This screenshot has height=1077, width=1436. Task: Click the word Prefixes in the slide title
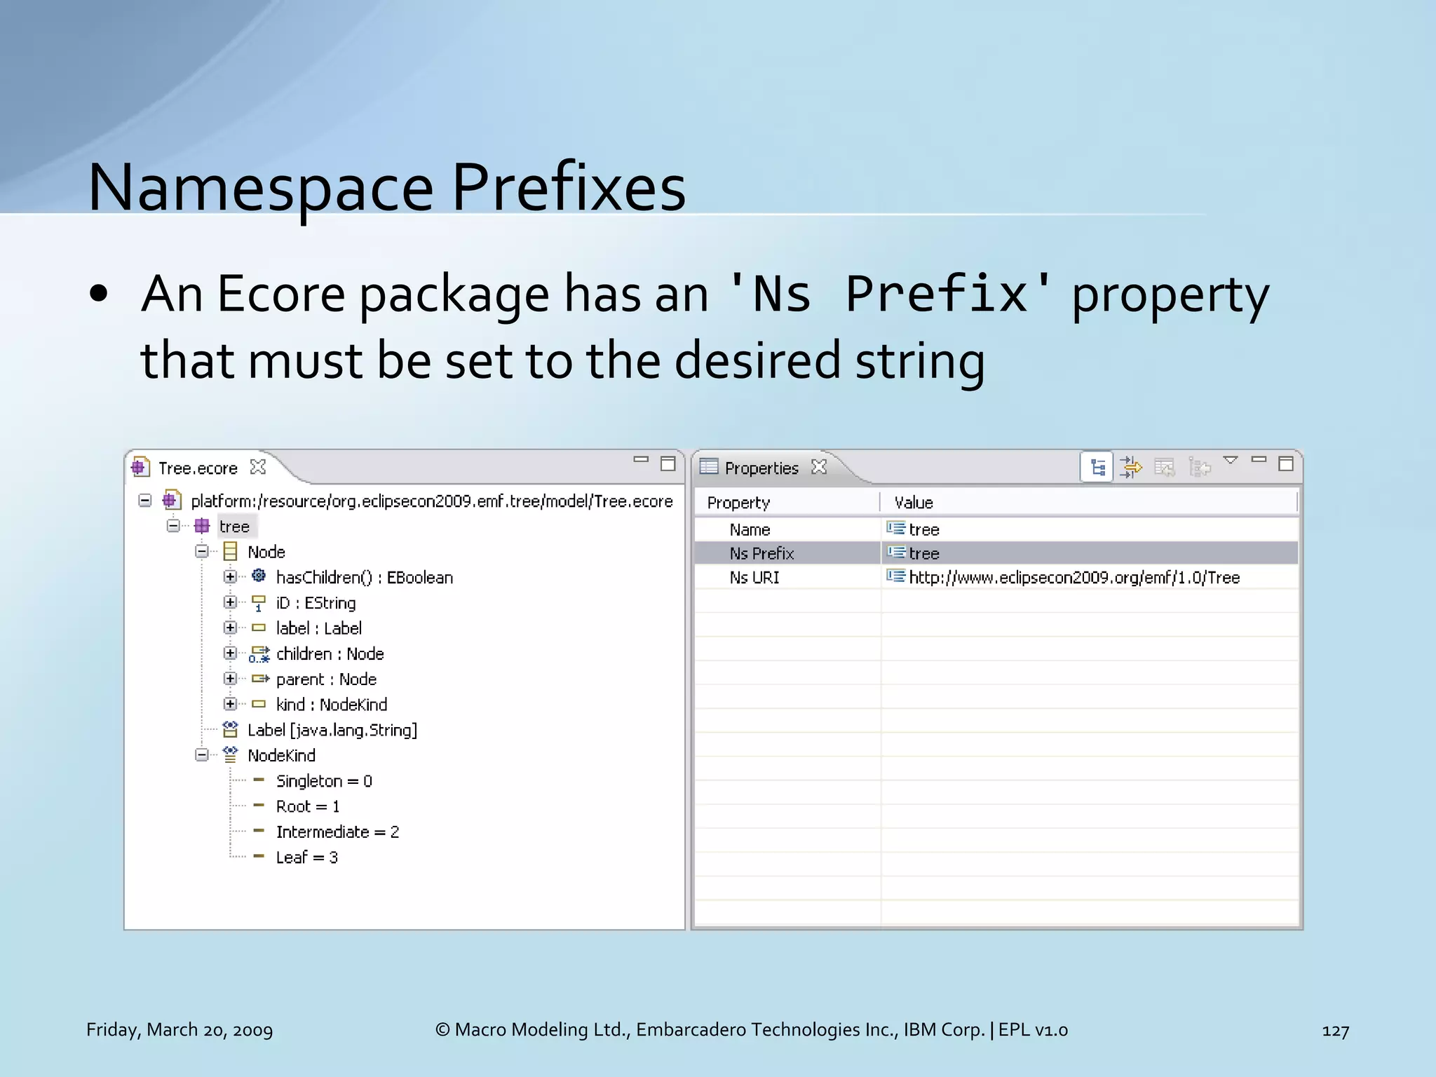point(568,188)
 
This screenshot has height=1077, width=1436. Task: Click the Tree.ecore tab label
point(198,468)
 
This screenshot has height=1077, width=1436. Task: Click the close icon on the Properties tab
point(818,467)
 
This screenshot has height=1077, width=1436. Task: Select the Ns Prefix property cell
point(761,553)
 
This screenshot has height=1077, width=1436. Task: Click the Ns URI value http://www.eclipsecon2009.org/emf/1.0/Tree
point(1073,577)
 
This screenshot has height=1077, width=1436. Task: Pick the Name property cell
point(750,529)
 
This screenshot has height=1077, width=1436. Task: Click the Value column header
point(914,502)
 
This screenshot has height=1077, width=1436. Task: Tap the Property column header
point(738,502)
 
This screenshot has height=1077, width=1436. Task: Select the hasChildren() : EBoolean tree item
point(364,577)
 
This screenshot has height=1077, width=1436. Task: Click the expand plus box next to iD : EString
point(230,602)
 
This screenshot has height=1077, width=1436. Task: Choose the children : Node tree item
point(330,653)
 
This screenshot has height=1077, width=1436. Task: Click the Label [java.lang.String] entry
point(332,730)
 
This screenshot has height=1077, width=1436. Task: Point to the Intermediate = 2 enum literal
point(337,832)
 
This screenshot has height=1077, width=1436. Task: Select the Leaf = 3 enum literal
point(306,857)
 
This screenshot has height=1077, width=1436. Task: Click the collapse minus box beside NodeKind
point(202,755)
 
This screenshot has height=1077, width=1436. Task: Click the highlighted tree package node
point(234,526)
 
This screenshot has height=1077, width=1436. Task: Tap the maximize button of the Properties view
point(1285,463)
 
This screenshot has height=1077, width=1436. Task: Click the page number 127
point(1335,1030)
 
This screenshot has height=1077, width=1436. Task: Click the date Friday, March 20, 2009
point(179,1029)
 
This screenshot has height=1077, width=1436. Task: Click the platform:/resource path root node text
point(431,501)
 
